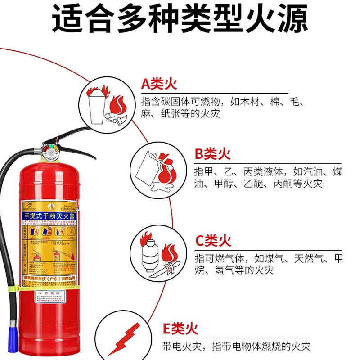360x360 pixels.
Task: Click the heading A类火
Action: click(x=159, y=84)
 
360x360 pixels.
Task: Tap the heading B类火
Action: click(x=212, y=154)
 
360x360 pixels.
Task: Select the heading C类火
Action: click(x=213, y=241)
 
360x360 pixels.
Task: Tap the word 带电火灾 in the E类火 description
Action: click(x=178, y=346)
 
